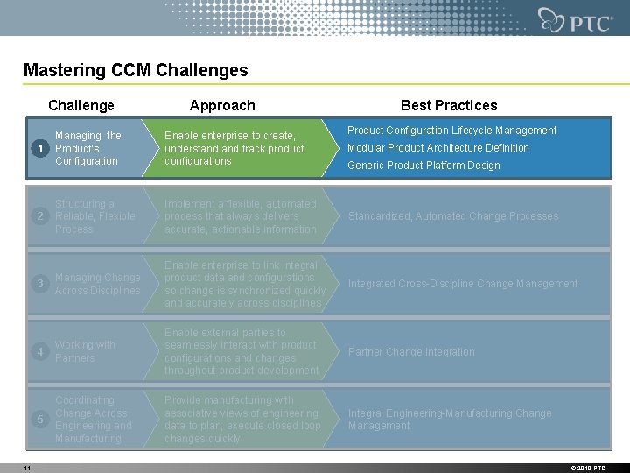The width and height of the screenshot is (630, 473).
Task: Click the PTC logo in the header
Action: tap(575, 19)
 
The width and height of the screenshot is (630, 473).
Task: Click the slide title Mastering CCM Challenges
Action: tap(136, 71)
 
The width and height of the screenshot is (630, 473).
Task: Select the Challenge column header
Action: tap(81, 105)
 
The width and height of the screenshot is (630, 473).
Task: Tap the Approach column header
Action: tap(222, 105)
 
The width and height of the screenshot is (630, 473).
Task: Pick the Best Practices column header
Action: tap(448, 105)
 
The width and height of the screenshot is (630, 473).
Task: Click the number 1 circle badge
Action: tap(37, 149)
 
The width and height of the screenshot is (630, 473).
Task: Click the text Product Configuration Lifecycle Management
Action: tap(451, 131)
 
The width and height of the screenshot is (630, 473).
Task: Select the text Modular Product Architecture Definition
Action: tap(438, 148)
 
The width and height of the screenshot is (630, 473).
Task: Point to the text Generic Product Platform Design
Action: tap(423, 166)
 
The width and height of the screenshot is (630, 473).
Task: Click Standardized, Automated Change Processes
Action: tap(452, 216)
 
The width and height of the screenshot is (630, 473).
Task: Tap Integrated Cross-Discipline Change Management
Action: tap(463, 284)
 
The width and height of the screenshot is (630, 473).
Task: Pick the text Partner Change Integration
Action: tap(411, 352)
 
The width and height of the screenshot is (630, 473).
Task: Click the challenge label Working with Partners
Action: tap(85, 351)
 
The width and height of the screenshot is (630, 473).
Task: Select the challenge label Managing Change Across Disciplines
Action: tap(97, 284)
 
